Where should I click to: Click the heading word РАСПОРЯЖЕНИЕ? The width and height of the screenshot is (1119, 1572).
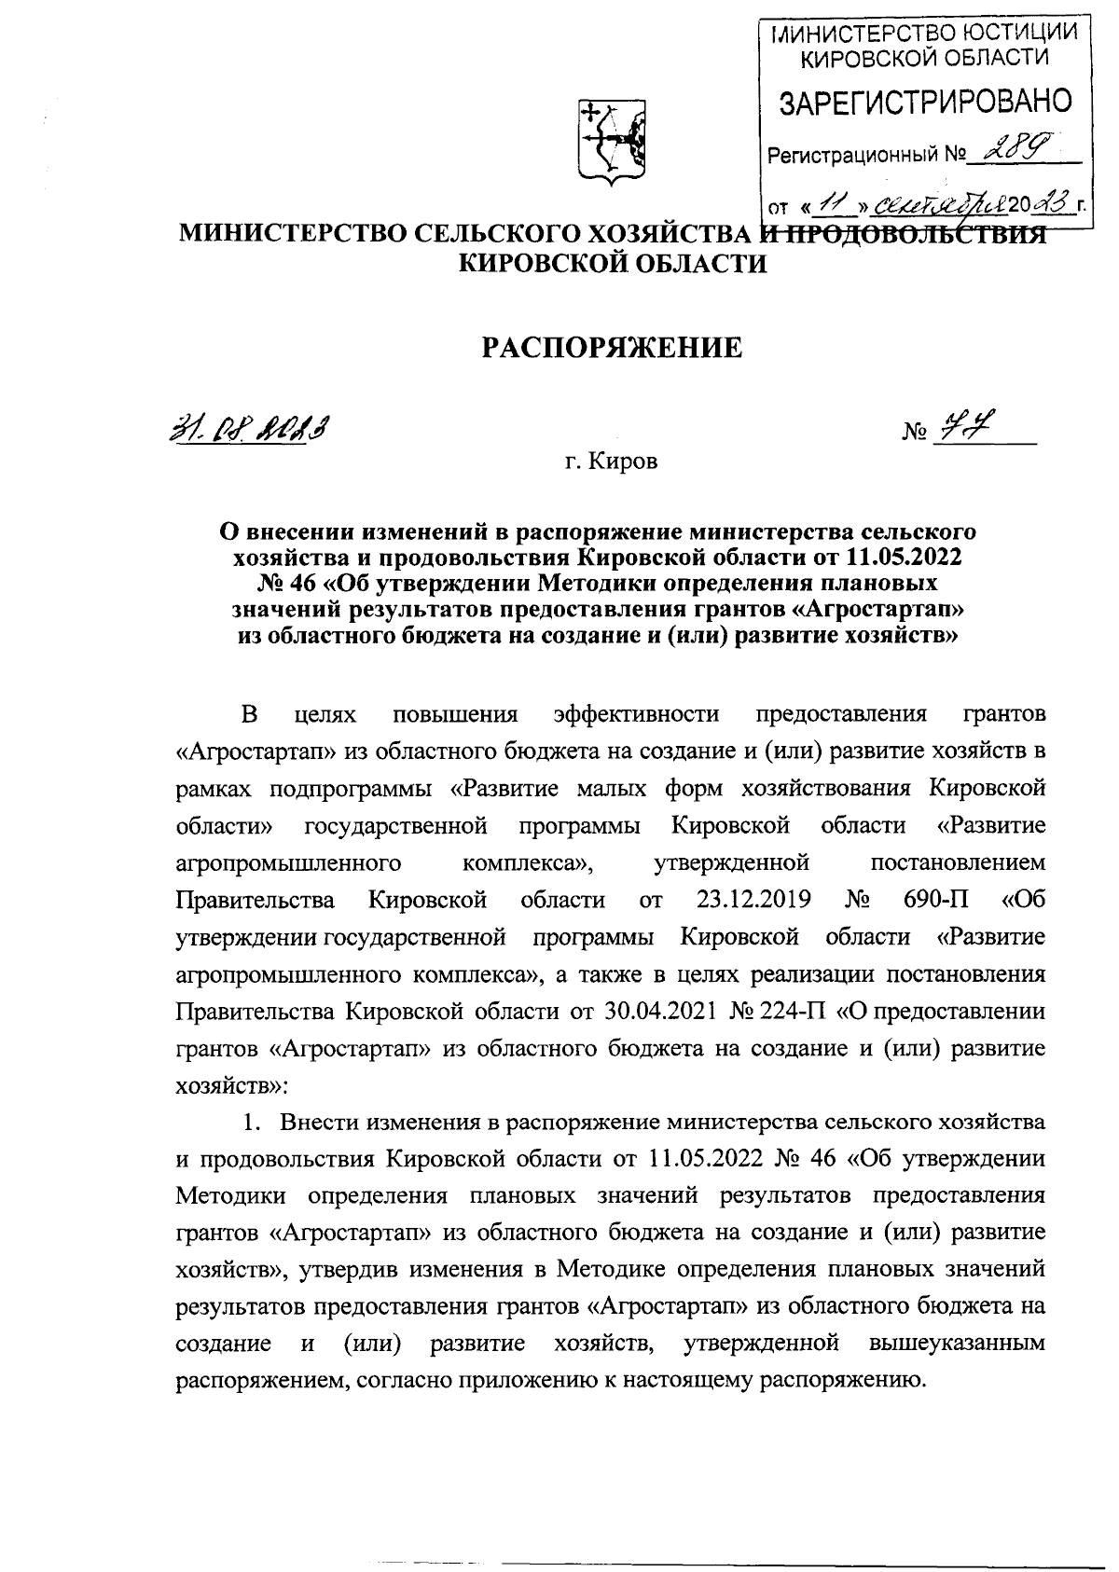(612, 349)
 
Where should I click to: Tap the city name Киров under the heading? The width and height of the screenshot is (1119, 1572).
(624, 462)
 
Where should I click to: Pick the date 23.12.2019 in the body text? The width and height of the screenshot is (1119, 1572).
(753, 900)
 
